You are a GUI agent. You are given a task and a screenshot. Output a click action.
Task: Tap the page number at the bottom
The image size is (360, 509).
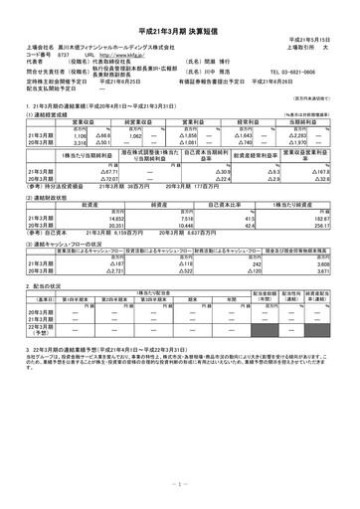pyautogui.click(x=180, y=483)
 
